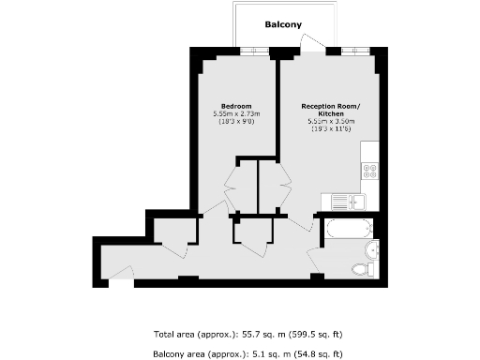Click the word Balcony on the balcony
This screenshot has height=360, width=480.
click(282, 24)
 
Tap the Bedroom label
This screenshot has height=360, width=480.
click(234, 105)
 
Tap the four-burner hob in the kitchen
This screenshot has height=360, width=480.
click(369, 172)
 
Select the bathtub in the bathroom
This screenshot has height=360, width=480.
click(347, 227)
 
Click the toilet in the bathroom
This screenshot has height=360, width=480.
click(362, 270)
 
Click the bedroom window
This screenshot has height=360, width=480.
click(253, 52)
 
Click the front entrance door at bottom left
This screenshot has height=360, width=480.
click(121, 274)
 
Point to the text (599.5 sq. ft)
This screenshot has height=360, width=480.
click(318, 334)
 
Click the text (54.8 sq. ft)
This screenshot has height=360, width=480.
click(318, 353)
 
